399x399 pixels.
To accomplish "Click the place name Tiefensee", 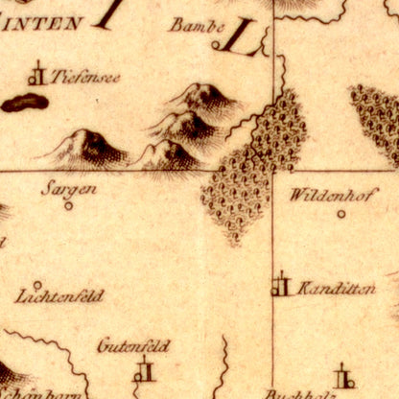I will point(86,77).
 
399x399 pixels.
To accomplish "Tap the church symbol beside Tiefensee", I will point(37,75).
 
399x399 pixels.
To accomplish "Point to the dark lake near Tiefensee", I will point(24,103).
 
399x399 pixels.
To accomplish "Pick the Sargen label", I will point(68,188).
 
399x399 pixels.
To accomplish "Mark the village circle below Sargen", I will point(67,204).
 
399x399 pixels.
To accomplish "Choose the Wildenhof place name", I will point(327,195).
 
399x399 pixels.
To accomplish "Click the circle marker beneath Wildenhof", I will point(340,215).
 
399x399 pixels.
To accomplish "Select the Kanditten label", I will point(336,288).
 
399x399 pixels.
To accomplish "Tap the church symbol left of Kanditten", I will point(280,285).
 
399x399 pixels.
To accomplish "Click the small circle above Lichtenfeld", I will point(37,284).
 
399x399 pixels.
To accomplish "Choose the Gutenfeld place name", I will point(133,345).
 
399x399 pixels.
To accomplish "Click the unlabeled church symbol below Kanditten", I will point(342,376).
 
